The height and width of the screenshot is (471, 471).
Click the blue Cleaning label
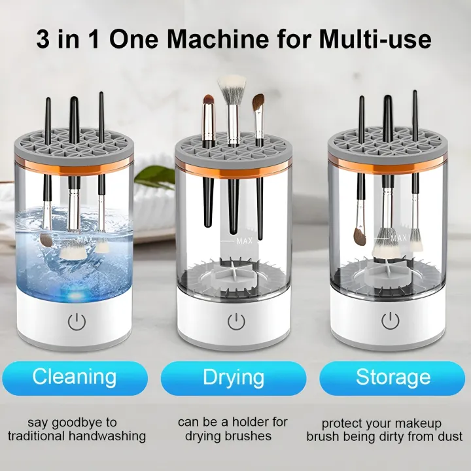(75, 377)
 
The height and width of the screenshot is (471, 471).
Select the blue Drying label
(234, 377)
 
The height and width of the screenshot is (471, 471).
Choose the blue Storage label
(393, 377)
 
